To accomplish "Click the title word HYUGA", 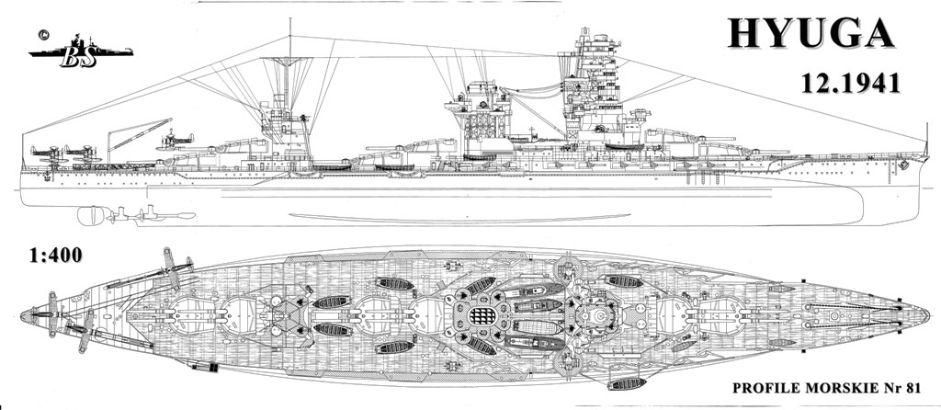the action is click(811, 34).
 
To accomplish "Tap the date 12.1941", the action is click(851, 84).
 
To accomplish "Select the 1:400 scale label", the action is click(56, 256).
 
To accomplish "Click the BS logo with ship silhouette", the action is click(81, 51).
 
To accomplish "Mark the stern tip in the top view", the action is click(22, 315).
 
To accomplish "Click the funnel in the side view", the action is click(478, 114).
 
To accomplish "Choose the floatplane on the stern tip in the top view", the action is click(52, 314).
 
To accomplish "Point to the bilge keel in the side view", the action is click(459, 217).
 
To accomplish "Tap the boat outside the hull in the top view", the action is click(627, 383).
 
